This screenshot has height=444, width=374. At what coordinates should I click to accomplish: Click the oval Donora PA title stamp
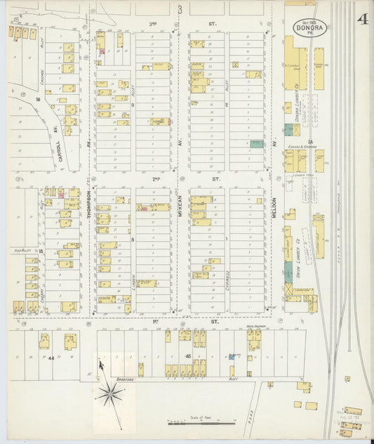(x=309, y=27)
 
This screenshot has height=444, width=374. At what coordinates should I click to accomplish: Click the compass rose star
(x=111, y=397)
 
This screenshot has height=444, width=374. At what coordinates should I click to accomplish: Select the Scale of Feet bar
(x=201, y=424)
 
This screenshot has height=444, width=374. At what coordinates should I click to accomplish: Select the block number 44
(x=51, y=358)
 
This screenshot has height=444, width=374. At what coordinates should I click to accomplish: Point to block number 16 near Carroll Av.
(x=37, y=100)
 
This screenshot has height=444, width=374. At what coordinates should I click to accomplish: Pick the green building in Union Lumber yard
(x=288, y=269)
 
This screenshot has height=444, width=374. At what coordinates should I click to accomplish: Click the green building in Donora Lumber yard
(x=288, y=131)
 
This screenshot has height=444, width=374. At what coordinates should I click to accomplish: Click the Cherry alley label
(x=43, y=273)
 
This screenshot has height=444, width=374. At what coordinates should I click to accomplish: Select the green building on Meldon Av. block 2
(x=258, y=143)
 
